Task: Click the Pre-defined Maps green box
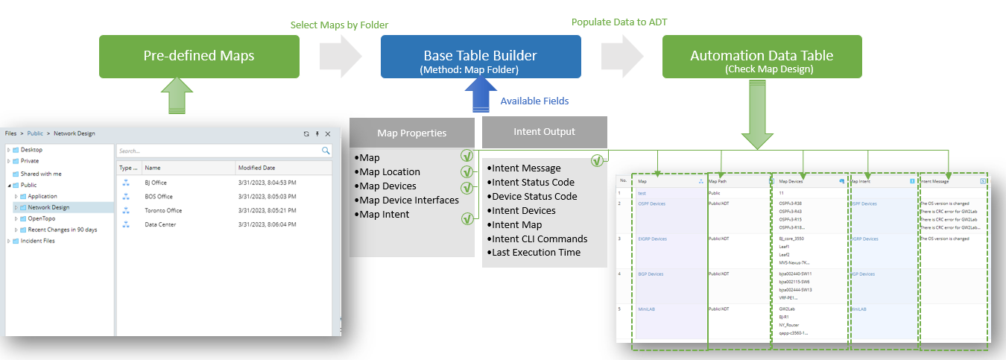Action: coord(199,56)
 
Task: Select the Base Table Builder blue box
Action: coord(481,57)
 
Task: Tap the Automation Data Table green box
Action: coord(762,57)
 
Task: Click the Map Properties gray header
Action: coord(411,133)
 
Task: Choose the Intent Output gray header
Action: coord(544,132)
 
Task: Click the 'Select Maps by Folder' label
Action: coord(339,25)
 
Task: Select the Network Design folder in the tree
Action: coord(48,207)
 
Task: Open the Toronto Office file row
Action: coord(163,210)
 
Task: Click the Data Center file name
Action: coord(160,224)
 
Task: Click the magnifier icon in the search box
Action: coord(326,151)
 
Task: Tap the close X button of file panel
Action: coord(328,133)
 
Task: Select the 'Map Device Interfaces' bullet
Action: coord(409,200)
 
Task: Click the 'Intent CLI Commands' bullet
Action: coord(540,239)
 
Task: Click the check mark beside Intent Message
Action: coord(598,160)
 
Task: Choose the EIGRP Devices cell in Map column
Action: coord(652,239)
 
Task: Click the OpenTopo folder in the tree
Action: coord(42,218)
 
